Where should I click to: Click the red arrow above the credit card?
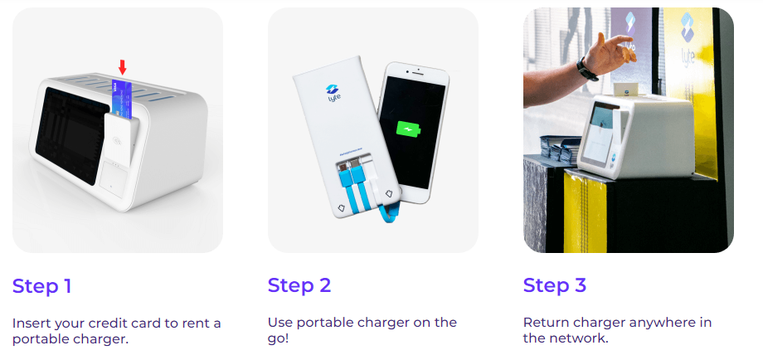[122, 67]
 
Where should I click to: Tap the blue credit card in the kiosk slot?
[120, 98]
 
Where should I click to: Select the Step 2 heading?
[299, 285]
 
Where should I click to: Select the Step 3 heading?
[554, 285]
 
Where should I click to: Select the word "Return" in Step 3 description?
[544, 323]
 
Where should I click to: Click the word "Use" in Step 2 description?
[279, 323]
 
